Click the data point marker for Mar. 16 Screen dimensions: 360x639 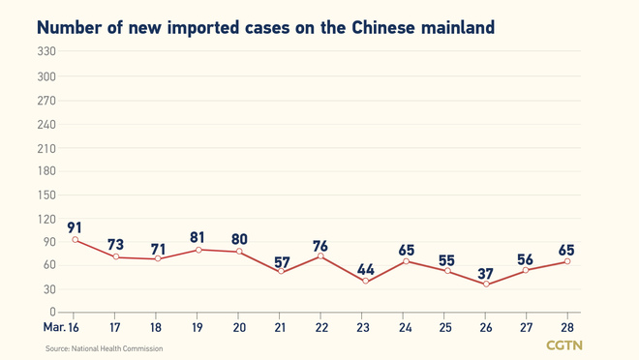[76, 240]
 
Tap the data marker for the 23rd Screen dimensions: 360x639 [365, 281]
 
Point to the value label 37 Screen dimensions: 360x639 [486, 275]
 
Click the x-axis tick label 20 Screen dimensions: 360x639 [239, 328]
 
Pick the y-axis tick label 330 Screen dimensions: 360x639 [46, 52]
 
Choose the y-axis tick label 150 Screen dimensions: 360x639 [46, 195]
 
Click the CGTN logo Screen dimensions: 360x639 [564, 345]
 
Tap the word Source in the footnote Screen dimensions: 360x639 [58, 348]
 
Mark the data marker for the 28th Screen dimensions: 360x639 [567, 261]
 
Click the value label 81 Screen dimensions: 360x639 [198, 237]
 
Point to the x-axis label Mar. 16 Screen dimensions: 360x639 [61, 328]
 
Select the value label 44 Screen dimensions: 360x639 [365, 269]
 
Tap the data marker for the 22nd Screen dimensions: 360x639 [320, 256]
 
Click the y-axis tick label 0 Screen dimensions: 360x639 [52, 313]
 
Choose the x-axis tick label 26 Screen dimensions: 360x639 [486, 328]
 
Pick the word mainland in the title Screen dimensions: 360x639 [458, 28]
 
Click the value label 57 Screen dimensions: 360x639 [281, 261]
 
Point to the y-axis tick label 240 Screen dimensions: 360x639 [46, 124]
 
